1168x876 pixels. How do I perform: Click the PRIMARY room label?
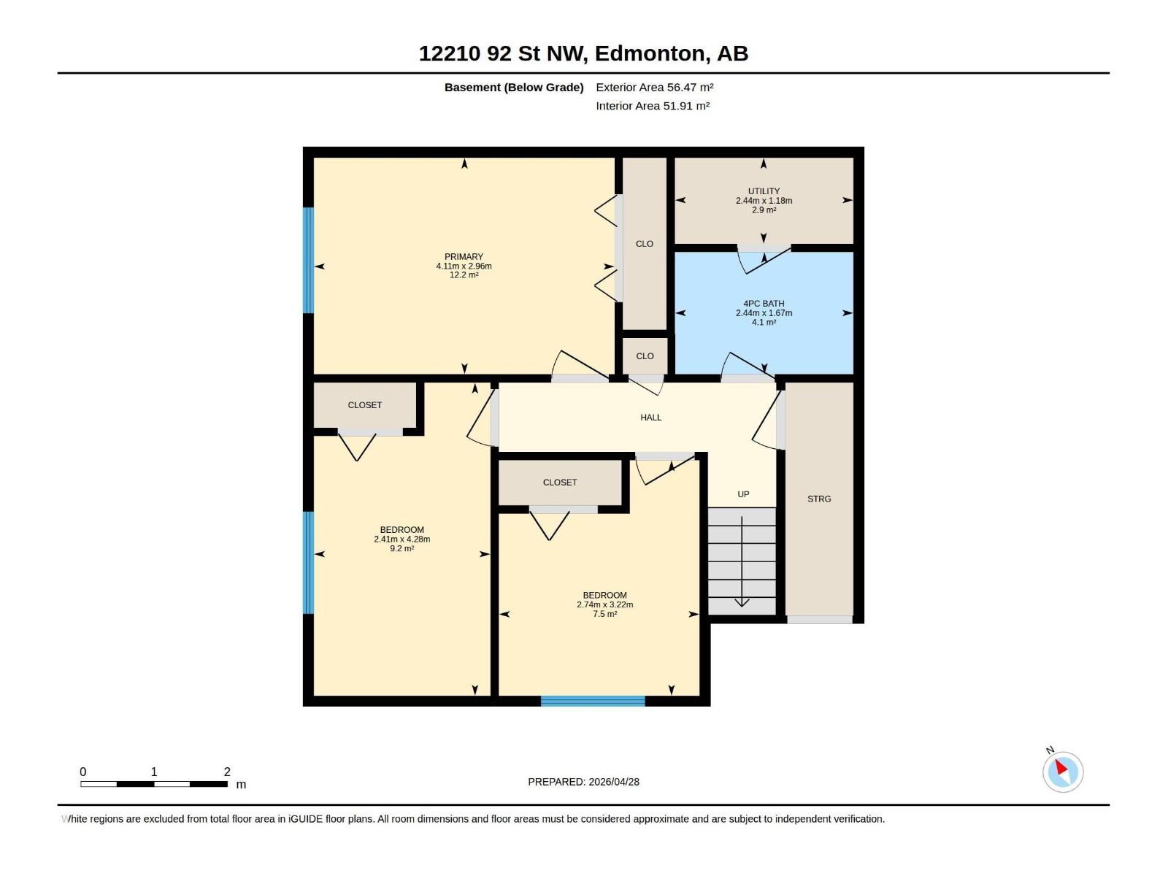point(464,256)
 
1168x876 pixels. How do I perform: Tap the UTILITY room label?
point(764,191)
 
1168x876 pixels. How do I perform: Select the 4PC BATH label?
point(764,304)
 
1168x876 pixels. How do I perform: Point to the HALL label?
point(650,418)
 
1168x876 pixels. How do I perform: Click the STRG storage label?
point(819,499)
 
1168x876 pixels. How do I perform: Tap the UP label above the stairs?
point(743,494)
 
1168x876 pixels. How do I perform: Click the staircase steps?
point(741,561)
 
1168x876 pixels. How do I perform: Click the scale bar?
point(154,784)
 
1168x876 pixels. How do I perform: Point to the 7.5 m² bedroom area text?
point(605,614)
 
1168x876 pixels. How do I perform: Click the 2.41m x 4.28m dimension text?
point(401,539)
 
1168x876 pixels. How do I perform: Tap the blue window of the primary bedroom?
point(308,260)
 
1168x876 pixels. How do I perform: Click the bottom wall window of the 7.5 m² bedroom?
point(593,701)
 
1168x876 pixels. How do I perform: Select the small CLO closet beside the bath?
point(645,356)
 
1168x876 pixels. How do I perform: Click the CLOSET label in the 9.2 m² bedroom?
point(364,404)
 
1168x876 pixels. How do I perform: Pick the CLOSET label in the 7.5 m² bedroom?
point(560,483)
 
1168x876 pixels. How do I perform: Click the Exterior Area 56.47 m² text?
point(655,87)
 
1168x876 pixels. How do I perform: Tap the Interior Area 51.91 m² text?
point(653,106)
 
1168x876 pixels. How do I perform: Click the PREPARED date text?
point(584,782)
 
